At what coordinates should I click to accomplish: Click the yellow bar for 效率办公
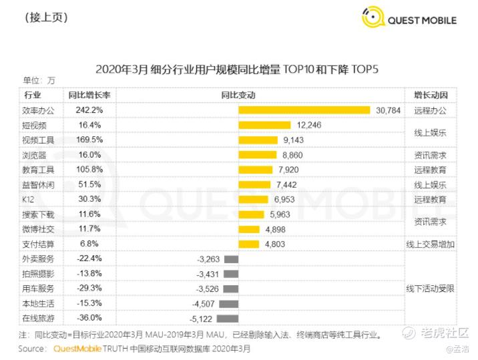coord(304,110)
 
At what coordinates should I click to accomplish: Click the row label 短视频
coord(37,125)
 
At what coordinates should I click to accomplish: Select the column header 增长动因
coord(430,95)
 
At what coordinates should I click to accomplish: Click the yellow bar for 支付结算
coord(248,244)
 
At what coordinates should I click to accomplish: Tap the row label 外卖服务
coord(40,259)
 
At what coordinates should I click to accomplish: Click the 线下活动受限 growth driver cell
coord(430,289)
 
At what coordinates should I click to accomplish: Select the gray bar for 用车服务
coord(230,289)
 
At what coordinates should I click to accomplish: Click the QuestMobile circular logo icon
coord(373,18)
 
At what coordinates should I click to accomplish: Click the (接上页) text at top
coord(45,18)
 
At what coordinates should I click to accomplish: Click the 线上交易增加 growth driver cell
coord(430,244)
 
